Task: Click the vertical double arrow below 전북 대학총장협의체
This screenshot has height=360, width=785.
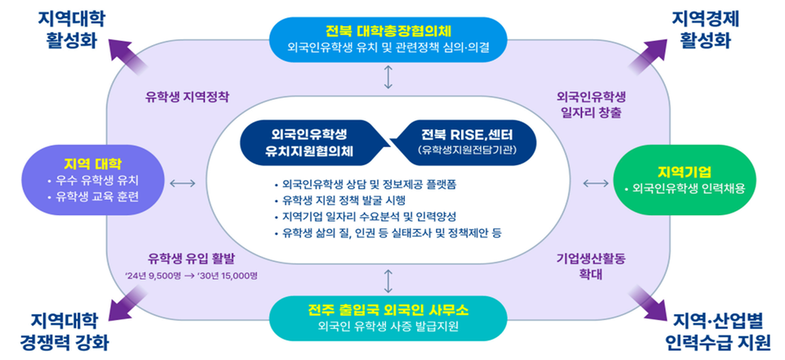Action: coord(388,77)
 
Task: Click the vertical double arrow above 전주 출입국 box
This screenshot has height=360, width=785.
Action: coord(388,280)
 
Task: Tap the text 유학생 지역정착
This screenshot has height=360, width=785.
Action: coord(187,97)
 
